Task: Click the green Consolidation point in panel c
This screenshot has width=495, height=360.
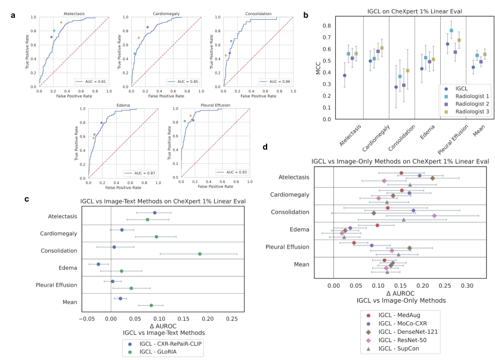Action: pyautogui.click(x=200, y=254)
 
